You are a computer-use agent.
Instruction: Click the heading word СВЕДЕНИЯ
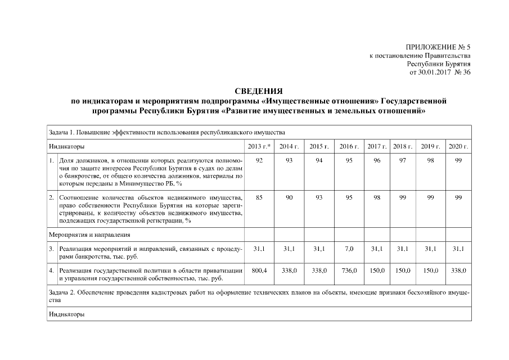tap(258, 92)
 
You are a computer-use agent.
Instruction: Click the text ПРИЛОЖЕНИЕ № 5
tap(437, 47)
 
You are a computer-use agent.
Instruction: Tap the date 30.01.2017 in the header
tap(433, 73)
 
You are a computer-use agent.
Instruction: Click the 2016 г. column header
tap(349, 147)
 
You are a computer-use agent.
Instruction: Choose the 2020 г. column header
tap(458, 147)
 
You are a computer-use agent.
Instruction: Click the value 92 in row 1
tap(259, 161)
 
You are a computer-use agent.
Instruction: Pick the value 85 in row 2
tap(259, 197)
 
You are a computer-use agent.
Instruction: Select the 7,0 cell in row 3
tap(349, 248)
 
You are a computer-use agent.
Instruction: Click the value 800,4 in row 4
tap(259, 271)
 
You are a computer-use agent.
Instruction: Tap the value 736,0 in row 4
tap(349, 271)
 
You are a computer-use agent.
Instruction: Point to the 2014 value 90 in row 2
tap(289, 197)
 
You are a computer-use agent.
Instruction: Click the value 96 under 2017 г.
tap(376, 161)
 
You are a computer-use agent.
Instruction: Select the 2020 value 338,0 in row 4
tap(458, 271)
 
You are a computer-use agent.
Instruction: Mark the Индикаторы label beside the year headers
tap(66, 147)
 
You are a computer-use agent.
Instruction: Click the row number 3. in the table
tap(51, 248)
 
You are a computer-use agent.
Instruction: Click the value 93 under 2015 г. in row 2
tap(319, 197)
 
